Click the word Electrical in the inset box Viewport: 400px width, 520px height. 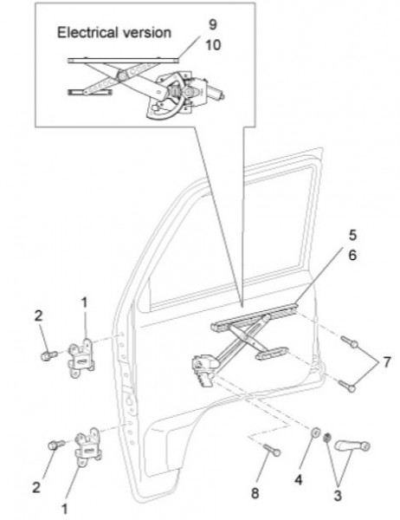point(87,33)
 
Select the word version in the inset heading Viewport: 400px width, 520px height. point(146,33)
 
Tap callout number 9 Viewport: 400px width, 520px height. point(213,24)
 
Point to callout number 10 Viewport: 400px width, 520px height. point(213,45)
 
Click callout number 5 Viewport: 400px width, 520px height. point(352,235)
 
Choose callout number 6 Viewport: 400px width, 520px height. point(352,255)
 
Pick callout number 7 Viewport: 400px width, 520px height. point(387,362)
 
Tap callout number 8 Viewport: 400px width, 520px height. point(255,493)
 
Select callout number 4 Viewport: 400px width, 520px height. point(299,479)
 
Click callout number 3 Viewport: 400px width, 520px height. point(337,496)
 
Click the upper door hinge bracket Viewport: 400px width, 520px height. point(81,357)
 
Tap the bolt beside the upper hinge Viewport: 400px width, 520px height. point(48,355)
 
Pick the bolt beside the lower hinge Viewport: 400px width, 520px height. point(56,445)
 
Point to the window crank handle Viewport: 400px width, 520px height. point(352,445)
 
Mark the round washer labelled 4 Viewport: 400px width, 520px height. point(315,432)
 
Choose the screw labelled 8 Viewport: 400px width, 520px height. point(272,450)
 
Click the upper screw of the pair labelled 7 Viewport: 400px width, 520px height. point(349,341)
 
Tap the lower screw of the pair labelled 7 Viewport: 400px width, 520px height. point(347,386)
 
